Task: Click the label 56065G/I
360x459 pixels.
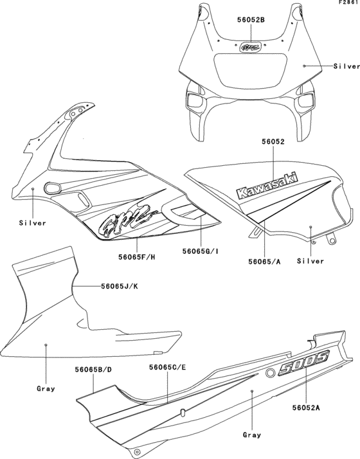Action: tap(201, 251)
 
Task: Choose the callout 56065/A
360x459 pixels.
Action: tap(264, 261)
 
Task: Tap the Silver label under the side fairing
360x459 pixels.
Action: tap(32, 222)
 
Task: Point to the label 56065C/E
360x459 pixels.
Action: tap(167, 367)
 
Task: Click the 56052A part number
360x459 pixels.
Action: tap(306, 408)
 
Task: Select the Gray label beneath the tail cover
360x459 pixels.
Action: tap(251, 435)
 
